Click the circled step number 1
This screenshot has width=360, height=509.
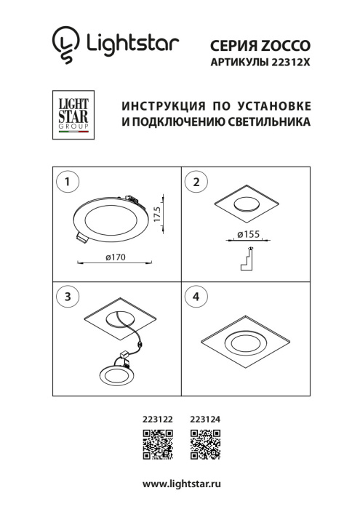tap(67, 182)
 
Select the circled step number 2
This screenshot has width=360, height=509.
tap(196, 182)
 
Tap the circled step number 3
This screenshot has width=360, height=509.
tap(67, 296)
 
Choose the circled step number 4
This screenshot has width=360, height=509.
tap(196, 296)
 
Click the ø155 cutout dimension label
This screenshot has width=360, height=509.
tap(248, 234)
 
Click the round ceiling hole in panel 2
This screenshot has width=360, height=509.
tap(247, 204)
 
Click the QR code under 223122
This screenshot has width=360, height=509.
tap(157, 445)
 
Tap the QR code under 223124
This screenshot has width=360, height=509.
tap(204, 445)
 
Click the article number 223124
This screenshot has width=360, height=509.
tap(204, 418)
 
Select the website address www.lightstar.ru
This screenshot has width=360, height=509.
tap(180, 484)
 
